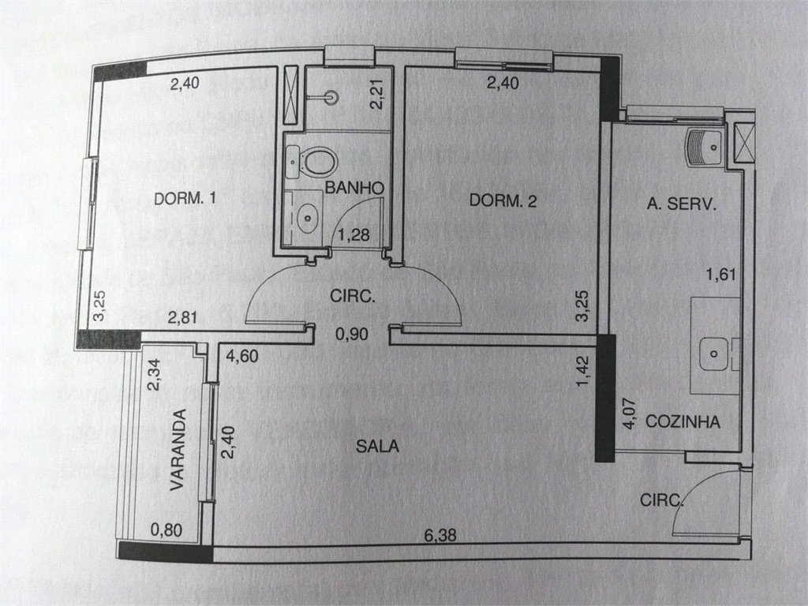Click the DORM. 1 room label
pos(185,198)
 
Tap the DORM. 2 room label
pos(503,200)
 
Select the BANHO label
pos(354,188)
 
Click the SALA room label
pos(377,446)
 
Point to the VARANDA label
pos(178,450)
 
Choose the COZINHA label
pos(683,421)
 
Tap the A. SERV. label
pos(682,204)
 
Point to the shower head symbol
pos(331,97)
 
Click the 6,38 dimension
pos(440,536)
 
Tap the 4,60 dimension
pos(241,356)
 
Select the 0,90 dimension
pos(351,334)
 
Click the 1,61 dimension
pos(721,275)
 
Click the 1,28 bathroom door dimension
pos(354,235)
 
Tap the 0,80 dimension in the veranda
pos(166,529)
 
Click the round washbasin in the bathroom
pos(309,217)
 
